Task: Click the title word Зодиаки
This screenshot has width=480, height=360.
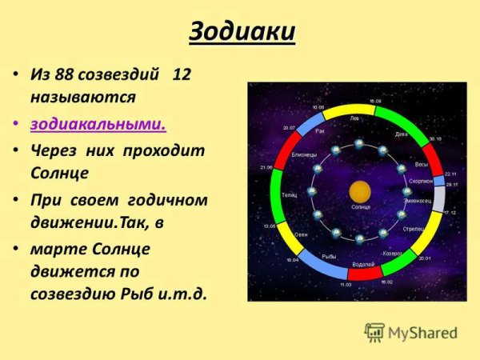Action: coord(242,34)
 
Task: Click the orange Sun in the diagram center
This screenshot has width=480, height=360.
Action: coord(360,192)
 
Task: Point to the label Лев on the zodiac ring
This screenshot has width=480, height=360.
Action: coord(355,118)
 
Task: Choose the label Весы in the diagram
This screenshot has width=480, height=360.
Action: coord(421,164)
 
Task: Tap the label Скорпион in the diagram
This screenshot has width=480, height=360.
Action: coord(421,182)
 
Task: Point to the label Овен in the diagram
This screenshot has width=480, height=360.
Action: coord(301,234)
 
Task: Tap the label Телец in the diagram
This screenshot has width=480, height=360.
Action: coord(289,194)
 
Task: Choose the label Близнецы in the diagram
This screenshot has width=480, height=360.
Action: coord(303,154)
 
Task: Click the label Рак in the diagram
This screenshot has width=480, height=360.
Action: coord(321,130)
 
